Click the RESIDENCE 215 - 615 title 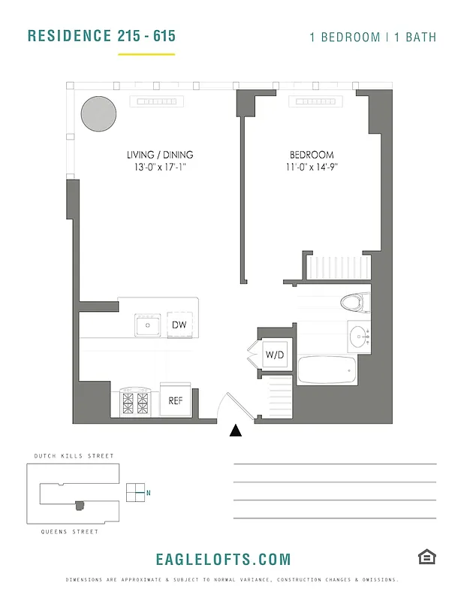tap(101, 35)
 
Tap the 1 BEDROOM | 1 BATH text tap(372, 37)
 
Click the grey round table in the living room tap(98, 113)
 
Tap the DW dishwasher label tap(179, 325)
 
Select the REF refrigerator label tap(175, 400)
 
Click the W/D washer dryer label tap(274, 355)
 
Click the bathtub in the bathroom tap(327, 369)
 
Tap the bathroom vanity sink tap(359, 334)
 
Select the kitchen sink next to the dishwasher tap(148, 325)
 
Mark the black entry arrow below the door tap(236, 430)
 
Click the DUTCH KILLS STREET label tap(74, 456)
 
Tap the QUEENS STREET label tap(70, 532)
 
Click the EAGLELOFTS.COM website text tap(223, 560)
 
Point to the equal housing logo tap(426, 557)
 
